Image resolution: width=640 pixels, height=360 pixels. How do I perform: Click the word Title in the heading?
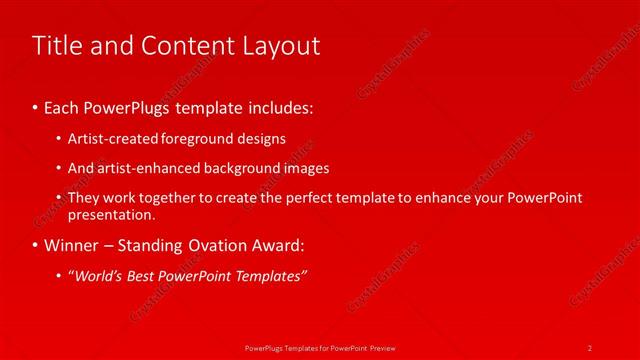click(56, 46)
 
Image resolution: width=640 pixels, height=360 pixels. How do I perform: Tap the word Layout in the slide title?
click(280, 46)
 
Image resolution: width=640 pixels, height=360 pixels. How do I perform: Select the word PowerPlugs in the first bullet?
click(131, 105)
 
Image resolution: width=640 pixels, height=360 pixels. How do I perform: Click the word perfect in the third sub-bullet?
click(315, 198)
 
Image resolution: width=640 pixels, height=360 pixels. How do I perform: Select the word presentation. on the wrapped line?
click(111, 214)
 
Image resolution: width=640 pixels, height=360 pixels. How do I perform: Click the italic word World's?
click(100, 276)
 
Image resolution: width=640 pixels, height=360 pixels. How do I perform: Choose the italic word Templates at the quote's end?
click(271, 276)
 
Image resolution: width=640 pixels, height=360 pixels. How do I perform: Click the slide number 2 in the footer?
click(590, 347)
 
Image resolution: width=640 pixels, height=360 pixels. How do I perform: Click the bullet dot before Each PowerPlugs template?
click(36, 106)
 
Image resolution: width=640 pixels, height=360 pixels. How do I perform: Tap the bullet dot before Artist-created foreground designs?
click(60, 139)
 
